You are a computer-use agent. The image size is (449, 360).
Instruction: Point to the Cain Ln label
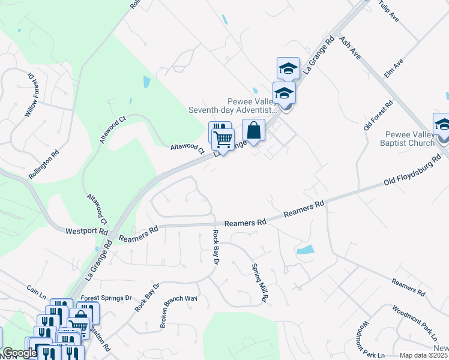tap(36, 292)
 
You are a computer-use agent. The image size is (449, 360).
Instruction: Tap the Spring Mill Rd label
tap(259, 283)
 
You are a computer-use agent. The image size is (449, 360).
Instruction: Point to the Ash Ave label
tap(349, 47)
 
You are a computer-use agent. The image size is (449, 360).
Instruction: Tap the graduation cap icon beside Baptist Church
tap(442, 125)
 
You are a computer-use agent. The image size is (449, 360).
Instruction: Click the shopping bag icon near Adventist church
tap(254, 130)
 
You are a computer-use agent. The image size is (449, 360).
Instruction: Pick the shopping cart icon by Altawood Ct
tap(223, 139)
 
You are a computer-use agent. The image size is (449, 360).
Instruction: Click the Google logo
tap(20, 353)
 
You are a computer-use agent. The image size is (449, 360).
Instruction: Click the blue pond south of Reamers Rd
tap(305, 250)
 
